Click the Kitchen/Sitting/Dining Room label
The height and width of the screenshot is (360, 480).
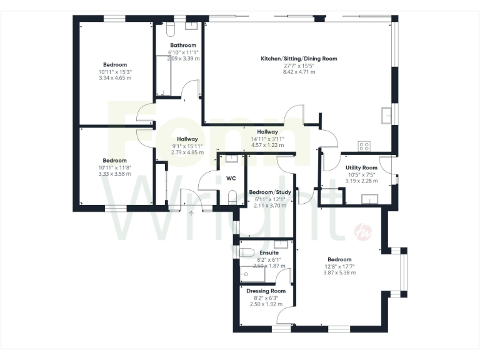[299, 59]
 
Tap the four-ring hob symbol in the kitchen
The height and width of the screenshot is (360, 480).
[364, 146]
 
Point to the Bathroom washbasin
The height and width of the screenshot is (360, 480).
[191, 27]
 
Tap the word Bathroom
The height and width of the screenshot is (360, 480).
[183, 45]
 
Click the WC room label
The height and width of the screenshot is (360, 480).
[231, 178]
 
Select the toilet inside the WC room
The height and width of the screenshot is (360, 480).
[232, 198]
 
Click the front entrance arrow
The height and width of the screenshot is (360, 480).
[191, 214]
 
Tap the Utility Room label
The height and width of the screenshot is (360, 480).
[361, 167]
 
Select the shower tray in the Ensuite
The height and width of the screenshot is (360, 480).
[252, 274]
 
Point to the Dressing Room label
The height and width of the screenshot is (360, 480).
[266, 291]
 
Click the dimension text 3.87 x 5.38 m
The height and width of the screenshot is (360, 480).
[339, 272]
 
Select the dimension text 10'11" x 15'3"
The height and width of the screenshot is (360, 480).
[115, 72]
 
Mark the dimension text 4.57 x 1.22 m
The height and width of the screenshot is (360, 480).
[267, 145]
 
